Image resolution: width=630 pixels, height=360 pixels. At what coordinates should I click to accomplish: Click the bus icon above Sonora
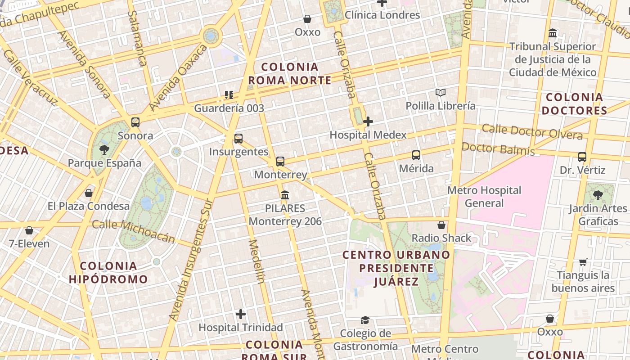[x=135, y=122]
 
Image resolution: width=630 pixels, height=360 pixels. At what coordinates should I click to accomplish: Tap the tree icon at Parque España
[x=104, y=149]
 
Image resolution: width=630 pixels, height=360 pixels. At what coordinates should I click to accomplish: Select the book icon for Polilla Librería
[x=441, y=93]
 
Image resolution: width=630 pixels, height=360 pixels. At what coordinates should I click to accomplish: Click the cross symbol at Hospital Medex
[x=368, y=121]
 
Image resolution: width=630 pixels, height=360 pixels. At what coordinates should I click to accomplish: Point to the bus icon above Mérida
[x=416, y=155]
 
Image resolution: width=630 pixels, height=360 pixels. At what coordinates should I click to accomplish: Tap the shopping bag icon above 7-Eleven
[x=29, y=230]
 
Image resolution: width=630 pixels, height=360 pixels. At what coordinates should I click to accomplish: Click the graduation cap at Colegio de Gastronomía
[x=365, y=320]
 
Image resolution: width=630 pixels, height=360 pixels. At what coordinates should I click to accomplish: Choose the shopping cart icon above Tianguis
[x=583, y=262]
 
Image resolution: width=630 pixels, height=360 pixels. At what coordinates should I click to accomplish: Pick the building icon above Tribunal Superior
[x=553, y=33]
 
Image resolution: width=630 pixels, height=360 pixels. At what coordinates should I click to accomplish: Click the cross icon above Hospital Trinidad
[x=241, y=314]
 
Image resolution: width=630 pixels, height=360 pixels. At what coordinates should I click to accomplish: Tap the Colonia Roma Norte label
[x=290, y=74]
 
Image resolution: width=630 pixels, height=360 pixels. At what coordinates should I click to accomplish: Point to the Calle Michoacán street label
[x=133, y=230]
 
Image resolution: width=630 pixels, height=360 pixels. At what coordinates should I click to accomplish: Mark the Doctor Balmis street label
[x=498, y=149]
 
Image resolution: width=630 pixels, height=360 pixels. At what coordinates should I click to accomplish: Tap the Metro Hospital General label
[x=484, y=197]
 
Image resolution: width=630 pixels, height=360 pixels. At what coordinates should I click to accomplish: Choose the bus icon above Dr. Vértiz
[x=582, y=157]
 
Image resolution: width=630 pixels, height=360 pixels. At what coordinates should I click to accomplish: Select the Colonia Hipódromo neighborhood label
[x=108, y=272]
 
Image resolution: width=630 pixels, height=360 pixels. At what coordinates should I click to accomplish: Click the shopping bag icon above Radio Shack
[x=441, y=225]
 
